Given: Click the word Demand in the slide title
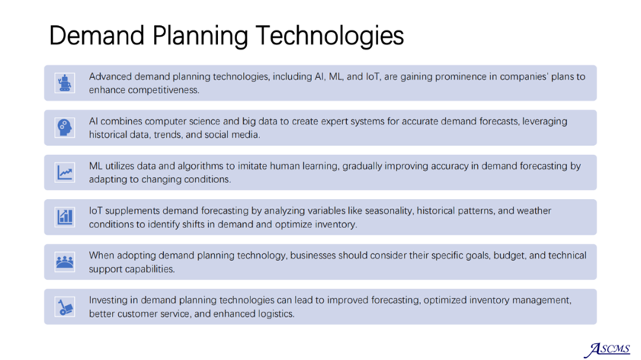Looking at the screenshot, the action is [x=97, y=35].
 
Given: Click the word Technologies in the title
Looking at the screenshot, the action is [x=330, y=36].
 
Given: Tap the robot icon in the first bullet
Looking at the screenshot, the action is [x=64, y=83].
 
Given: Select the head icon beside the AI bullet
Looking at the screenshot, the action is [x=64, y=127].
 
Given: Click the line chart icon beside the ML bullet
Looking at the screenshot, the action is [x=64, y=173].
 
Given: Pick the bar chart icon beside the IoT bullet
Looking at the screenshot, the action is [x=64, y=217].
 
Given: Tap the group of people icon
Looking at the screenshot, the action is [x=64, y=262].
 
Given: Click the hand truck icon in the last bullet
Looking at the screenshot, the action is [x=64, y=307].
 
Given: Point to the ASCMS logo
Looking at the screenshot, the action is [x=608, y=350].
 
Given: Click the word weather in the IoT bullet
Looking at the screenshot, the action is [x=534, y=211].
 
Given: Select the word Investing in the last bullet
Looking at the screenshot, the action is [x=108, y=301].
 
